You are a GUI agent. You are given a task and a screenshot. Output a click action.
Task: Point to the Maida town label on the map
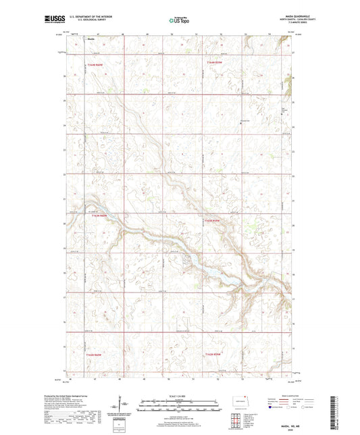(x=91, y=39)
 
